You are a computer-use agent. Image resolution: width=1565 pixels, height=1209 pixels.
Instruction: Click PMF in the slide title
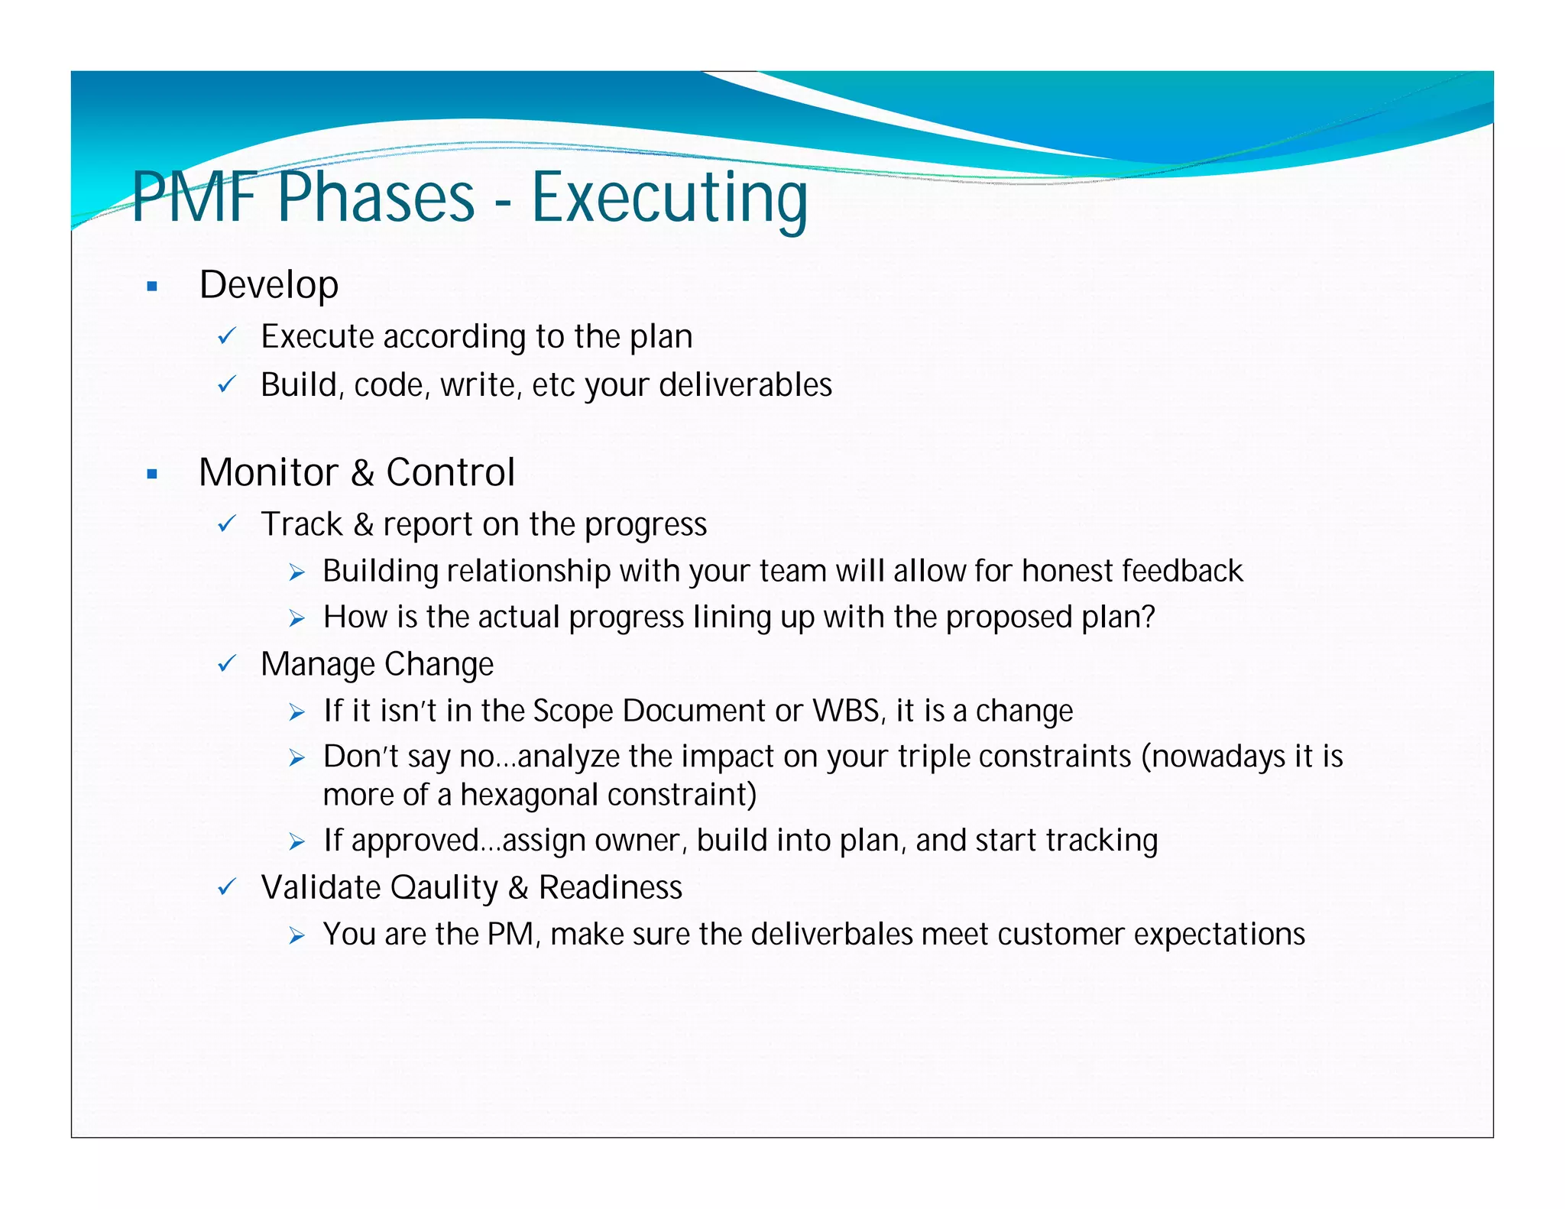(x=194, y=197)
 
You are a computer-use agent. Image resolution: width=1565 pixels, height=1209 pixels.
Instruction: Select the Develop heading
(x=268, y=285)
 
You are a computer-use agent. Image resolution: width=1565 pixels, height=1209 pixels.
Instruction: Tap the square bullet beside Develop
(x=152, y=287)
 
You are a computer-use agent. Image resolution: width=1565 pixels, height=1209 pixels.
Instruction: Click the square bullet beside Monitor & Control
(x=152, y=475)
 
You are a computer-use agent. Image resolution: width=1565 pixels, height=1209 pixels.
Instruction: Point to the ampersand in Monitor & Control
(x=362, y=472)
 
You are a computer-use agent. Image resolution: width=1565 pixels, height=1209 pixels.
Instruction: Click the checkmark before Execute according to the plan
(x=227, y=336)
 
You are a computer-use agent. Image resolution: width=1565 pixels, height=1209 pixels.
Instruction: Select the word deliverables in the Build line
(x=745, y=384)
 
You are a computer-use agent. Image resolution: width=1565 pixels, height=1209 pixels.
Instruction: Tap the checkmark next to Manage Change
(x=227, y=664)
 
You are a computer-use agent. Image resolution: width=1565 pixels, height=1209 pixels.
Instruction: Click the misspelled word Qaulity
(x=443, y=888)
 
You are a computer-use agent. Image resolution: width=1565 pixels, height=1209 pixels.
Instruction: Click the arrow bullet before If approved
(x=297, y=842)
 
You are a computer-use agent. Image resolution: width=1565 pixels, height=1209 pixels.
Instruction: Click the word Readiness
(x=610, y=888)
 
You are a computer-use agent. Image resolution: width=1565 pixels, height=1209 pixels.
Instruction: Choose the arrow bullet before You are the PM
(x=297, y=935)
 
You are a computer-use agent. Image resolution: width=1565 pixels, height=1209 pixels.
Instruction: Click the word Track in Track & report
(x=302, y=524)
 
